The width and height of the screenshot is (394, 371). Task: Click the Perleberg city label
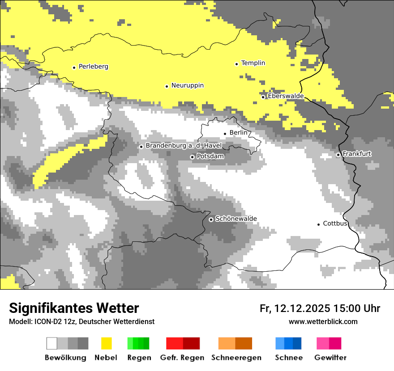click(x=94, y=67)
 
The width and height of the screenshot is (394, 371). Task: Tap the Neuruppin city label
click(x=188, y=85)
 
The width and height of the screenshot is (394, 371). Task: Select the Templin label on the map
click(x=253, y=63)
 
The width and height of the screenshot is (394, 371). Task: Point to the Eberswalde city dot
click(x=263, y=97)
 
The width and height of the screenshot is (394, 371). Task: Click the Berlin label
click(x=238, y=133)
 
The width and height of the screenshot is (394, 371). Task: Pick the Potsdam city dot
click(x=193, y=157)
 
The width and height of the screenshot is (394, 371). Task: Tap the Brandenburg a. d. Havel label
click(x=178, y=146)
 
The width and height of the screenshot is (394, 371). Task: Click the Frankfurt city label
click(x=357, y=154)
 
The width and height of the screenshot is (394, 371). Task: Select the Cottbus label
click(x=335, y=223)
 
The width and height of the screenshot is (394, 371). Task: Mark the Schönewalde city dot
click(x=211, y=219)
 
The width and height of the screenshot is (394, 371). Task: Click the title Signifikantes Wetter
click(x=74, y=308)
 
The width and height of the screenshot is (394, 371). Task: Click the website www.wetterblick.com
click(x=323, y=321)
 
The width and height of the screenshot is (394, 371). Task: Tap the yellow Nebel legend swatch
click(x=106, y=343)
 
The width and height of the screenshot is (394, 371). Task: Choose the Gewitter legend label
click(x=330, y=358)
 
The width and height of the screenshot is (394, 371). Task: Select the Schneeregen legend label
click(x=236, y=358)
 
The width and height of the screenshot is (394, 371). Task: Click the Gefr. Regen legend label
click(x=182, y=358)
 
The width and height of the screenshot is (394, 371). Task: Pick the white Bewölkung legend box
click(x=52, y=343)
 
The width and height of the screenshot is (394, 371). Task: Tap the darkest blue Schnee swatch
click(x=297, y=343)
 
